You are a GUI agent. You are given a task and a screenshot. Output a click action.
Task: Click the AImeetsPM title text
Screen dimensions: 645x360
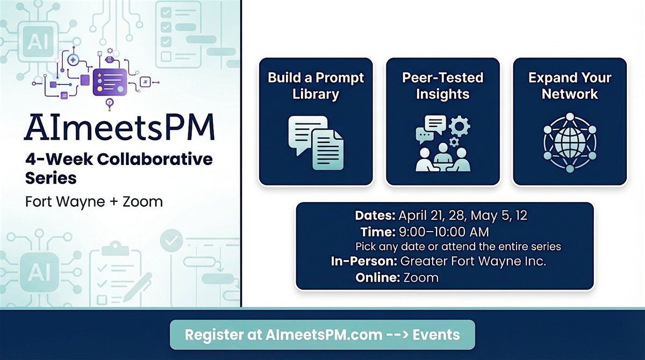coord(119,127)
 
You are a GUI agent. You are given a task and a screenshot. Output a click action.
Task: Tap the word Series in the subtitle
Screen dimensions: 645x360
coord(51,178)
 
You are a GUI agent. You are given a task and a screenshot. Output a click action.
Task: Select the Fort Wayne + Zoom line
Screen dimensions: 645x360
coord(94,201)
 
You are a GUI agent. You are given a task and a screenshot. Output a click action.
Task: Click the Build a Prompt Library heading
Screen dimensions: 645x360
coord(316,86)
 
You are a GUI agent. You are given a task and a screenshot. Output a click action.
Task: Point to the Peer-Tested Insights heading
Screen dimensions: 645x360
coord(442,86)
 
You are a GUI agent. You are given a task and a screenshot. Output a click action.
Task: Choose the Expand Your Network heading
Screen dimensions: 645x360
coord(570,86)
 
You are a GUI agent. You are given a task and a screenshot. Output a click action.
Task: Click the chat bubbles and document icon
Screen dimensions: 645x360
coord(316,143)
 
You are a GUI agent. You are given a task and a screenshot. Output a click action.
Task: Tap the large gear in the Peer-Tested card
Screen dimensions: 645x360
coord(460,126)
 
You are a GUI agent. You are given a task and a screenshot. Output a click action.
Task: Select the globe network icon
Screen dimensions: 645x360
coord(570,143)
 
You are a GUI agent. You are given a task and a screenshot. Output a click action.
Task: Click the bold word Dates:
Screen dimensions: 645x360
coord(375,215)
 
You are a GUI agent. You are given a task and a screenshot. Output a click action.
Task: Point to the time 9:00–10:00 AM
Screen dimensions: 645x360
coord(444,232)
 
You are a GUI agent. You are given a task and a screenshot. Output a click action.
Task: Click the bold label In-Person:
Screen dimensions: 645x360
coord(364,261)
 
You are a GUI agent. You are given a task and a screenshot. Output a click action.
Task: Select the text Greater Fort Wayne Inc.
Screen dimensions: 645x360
coord(473,262)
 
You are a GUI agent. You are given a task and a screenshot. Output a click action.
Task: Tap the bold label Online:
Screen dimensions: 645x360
coord(378,278)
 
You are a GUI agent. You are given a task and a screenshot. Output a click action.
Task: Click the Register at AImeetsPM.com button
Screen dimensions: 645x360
coord(322,335)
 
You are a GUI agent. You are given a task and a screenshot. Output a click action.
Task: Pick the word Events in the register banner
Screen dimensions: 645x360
coord(436,335)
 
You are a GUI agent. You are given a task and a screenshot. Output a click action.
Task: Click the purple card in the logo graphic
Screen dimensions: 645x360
coord(110,82)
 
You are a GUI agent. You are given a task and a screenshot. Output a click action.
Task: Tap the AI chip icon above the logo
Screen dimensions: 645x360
coord(38,42)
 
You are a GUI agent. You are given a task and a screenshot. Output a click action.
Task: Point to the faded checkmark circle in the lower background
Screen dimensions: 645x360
coord(171,241)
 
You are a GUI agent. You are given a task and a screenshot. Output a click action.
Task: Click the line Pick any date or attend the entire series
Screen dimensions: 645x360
coord(458,247)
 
